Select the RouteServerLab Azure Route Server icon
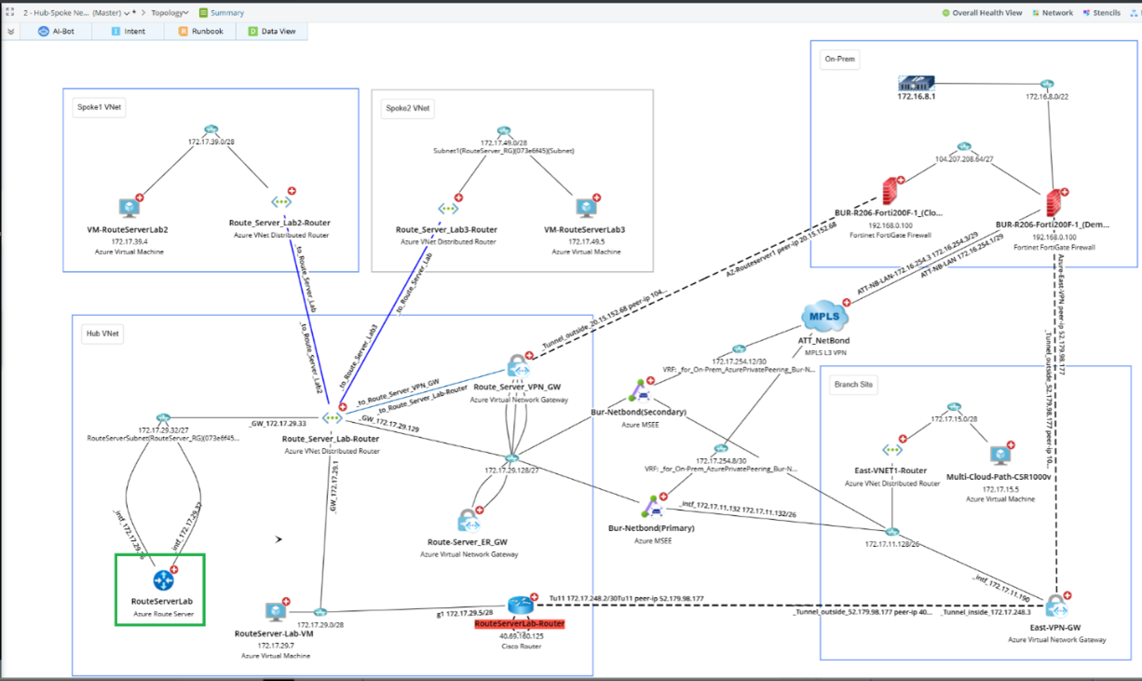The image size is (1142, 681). (164, 580)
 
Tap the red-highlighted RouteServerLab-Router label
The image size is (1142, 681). (519, 624)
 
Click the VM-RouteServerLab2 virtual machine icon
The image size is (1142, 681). (129, 208)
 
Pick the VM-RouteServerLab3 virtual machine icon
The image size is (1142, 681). (585, 209)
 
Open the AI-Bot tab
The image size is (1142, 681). (58, 31)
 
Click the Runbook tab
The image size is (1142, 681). (200, 31)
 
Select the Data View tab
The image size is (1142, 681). (272, 31)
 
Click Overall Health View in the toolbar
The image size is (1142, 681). (982, 13)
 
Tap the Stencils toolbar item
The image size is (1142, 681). (1102, 13)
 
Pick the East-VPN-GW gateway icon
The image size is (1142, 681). (1055, 607)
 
